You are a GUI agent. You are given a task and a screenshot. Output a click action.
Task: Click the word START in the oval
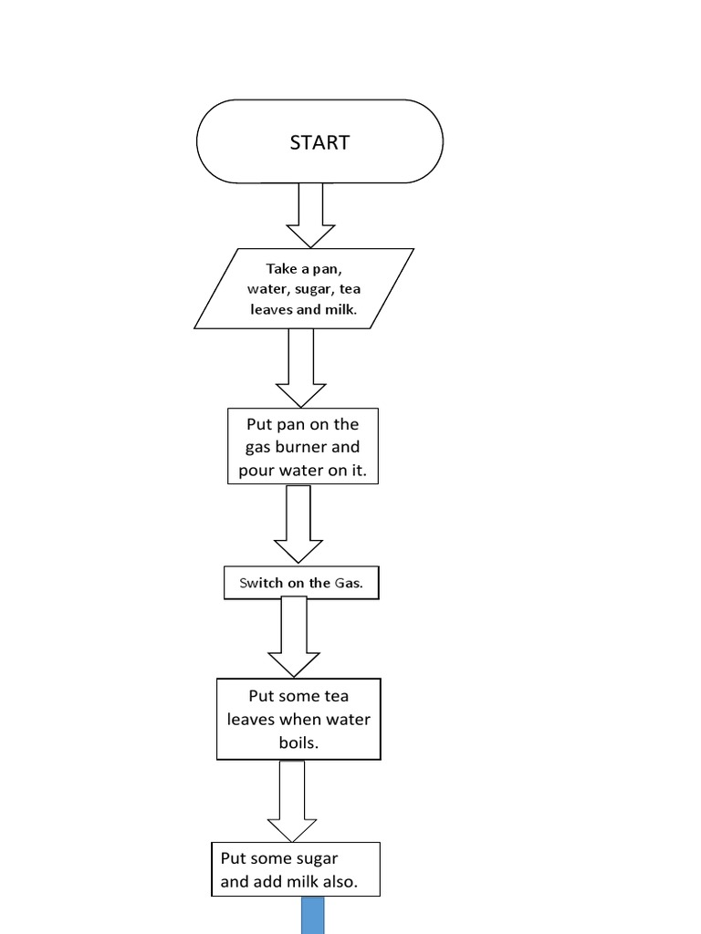pos(319,142)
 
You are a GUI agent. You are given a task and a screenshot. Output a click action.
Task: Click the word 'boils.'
pos(298,742)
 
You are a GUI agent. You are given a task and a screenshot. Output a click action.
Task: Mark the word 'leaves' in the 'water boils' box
pos(250,720)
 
